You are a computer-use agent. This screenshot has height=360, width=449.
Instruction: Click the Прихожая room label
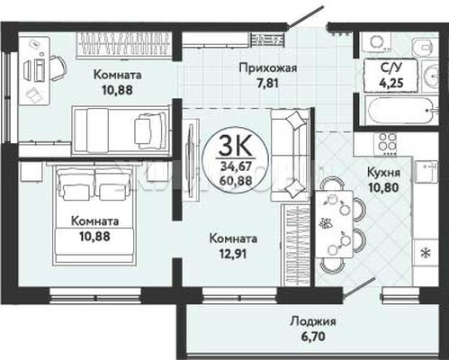click(268, 68)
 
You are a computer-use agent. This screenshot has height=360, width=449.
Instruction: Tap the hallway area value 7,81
click(267, 84)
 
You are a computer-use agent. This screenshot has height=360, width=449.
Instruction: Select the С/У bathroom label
click(391, 68)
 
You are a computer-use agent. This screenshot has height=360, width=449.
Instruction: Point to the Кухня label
click(383, 173)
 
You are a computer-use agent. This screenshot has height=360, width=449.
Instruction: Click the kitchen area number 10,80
click(383, 188)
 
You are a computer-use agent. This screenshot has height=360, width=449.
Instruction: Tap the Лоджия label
click(313, 322)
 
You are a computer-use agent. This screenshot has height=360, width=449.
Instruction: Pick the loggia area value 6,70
click(313, 337)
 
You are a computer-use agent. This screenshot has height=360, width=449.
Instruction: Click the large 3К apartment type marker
click(235, 146)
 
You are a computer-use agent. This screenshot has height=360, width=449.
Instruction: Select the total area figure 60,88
click(235, 180)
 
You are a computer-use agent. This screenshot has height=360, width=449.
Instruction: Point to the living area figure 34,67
click(235, 166)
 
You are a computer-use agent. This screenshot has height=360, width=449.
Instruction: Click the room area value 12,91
click(233, 254)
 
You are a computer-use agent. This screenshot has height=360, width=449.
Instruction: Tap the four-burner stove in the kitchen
click(387, 143)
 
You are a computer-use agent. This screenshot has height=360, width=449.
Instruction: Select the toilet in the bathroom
click(425, 48)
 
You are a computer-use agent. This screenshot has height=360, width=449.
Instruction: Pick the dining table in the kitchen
click(334, 224)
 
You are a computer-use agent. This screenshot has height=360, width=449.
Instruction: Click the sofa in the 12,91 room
click(290, 155)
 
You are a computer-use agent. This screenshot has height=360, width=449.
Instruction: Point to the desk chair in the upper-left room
click(57, 68)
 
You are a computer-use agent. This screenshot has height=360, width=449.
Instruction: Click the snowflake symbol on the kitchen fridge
click(426, 254)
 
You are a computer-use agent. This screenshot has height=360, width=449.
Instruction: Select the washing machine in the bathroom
click(376, 43)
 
